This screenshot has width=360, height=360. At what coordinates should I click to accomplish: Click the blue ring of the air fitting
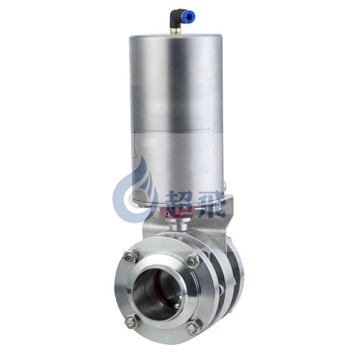(x=191, y=17)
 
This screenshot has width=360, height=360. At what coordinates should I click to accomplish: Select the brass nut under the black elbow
(x=175, y=31)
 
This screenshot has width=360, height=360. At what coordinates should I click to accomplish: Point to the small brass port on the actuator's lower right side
(x=225, y=184)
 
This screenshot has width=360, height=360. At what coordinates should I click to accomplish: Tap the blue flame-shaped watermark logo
(x=135, y=189)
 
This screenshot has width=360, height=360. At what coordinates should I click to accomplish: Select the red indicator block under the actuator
(x=178, y=213)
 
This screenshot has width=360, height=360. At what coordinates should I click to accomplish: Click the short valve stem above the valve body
(x=178, y=225)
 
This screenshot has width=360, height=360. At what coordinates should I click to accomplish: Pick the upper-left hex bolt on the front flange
(x=131, y=257)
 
